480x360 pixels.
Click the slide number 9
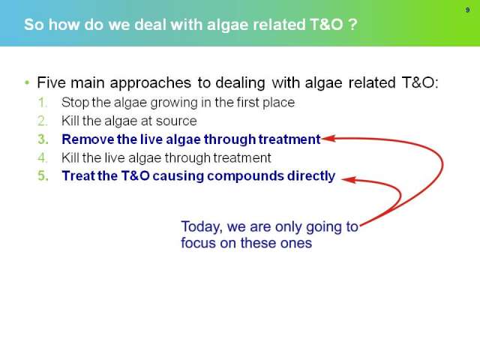tap(467, 10)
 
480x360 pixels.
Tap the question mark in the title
tap(353, 24)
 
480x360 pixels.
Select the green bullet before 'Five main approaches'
tap(27, 82)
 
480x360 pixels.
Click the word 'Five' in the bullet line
tap(51, 82)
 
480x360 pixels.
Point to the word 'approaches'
tap(150, 83)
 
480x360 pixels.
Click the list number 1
tap(42, 103)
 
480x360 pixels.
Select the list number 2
tap(43, 121)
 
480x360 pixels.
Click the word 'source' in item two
tap(176, 121)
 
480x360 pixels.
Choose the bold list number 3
tap(43, 139)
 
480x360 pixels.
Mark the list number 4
tap(43, 158)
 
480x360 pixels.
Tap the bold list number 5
tap(43, 176)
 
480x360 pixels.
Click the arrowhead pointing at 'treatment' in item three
tap(328, 138)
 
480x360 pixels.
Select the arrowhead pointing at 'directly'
tap(348, 179)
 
